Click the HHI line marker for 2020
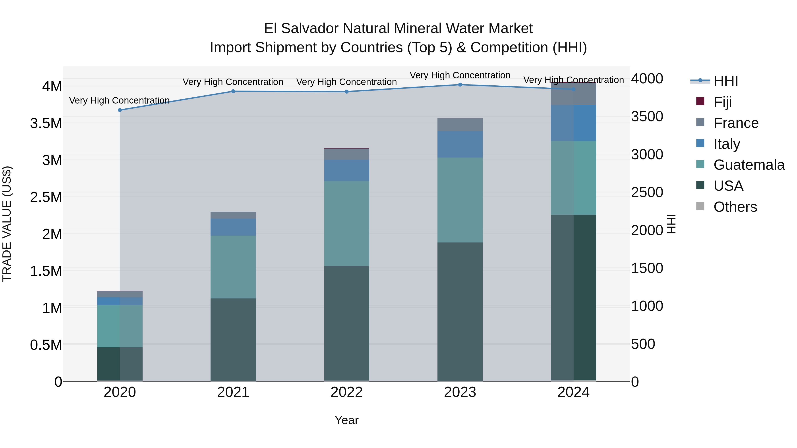[120, 110]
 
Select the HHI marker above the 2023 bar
[460, 85]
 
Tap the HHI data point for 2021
[233, 91]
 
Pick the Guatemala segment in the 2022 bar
[346, 223]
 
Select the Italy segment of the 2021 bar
[233, 227]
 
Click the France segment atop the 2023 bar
[460, 124]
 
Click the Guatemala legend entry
[749, 165]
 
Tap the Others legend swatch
[700, 206]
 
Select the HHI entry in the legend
[725, 81]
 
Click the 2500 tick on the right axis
[647, 192]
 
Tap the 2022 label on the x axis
[346, 392]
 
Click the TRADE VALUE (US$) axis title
[7, 224]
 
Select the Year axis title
[346, 420]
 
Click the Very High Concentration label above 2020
[119, 100]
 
